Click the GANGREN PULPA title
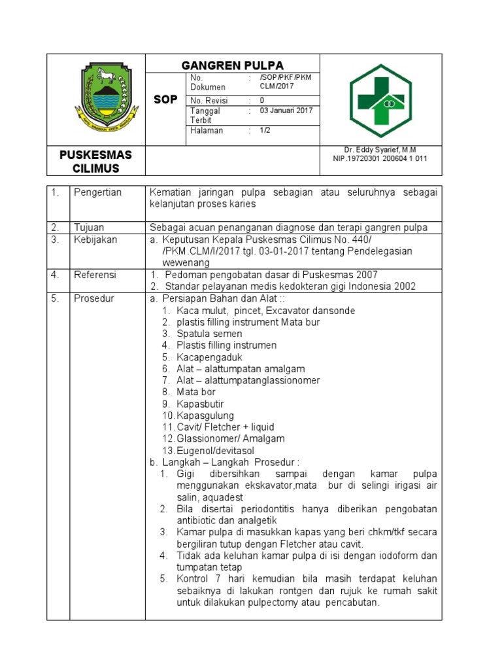(232, 65)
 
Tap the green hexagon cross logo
(380, 101)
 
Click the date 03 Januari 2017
(286, 111)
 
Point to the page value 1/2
(265, 130)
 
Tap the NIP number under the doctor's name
(380, 159)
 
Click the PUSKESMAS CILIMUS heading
(95, 161)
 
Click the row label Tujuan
(90, 227)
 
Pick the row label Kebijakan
(95, 239)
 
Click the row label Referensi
(95, 275)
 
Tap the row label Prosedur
(93, 298)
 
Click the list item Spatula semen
(209, 334)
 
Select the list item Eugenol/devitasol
(215, 451)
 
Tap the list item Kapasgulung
(205, 415)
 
